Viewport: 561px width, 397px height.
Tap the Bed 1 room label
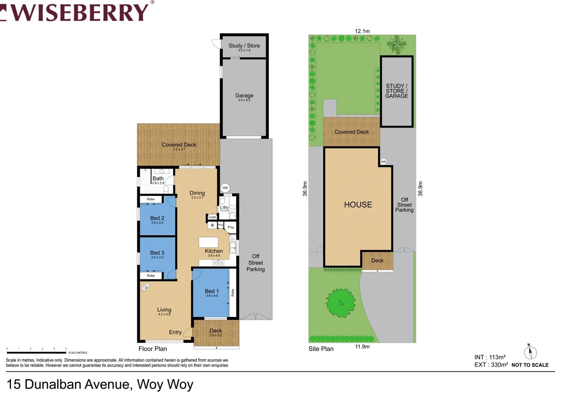(212, 291)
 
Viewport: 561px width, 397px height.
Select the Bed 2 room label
(157, 218)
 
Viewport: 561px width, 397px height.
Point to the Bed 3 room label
(157, 253)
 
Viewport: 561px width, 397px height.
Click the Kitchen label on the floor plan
(214, 251)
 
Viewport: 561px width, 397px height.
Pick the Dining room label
(197, 193)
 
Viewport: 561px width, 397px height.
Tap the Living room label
(164, 310)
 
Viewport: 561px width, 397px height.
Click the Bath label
(158, 179)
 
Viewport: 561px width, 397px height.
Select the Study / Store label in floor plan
(244, 46)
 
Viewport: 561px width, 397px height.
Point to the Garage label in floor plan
(244, 96)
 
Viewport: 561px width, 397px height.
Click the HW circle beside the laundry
(225, 188)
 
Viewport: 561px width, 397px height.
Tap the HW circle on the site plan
(383, 162)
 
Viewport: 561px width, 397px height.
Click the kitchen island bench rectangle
(208, 242)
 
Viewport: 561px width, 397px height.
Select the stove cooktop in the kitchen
(218, 263)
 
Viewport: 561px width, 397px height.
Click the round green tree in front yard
(341, 303)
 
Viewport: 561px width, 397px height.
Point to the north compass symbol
(530, 353)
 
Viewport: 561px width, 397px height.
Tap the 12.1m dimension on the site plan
(362, 31)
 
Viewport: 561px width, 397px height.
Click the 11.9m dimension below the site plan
(362, 347)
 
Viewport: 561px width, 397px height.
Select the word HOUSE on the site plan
(358, 205)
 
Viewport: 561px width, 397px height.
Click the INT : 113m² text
(490, 357)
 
